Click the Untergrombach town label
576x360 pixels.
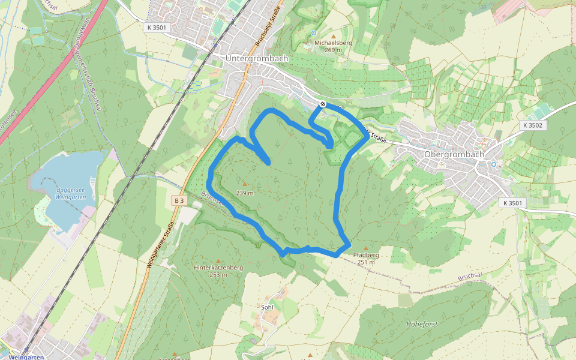(256, 59)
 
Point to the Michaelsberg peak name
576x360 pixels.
(333, 43)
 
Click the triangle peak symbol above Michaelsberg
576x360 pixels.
(334, 36)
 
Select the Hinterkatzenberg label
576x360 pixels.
(218, 268)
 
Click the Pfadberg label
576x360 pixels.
(366, 255)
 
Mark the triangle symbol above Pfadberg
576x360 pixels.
(366, 248)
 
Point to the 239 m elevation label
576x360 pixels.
(245, 193)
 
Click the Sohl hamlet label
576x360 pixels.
(267, 307)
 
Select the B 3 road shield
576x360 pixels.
(179, 200)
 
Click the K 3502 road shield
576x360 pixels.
(532, 125)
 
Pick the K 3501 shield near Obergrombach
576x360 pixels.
(511, 203)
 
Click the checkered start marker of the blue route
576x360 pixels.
(323, 104)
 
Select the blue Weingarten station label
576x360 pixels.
(26, 357)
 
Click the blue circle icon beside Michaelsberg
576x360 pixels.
(314, 33)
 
